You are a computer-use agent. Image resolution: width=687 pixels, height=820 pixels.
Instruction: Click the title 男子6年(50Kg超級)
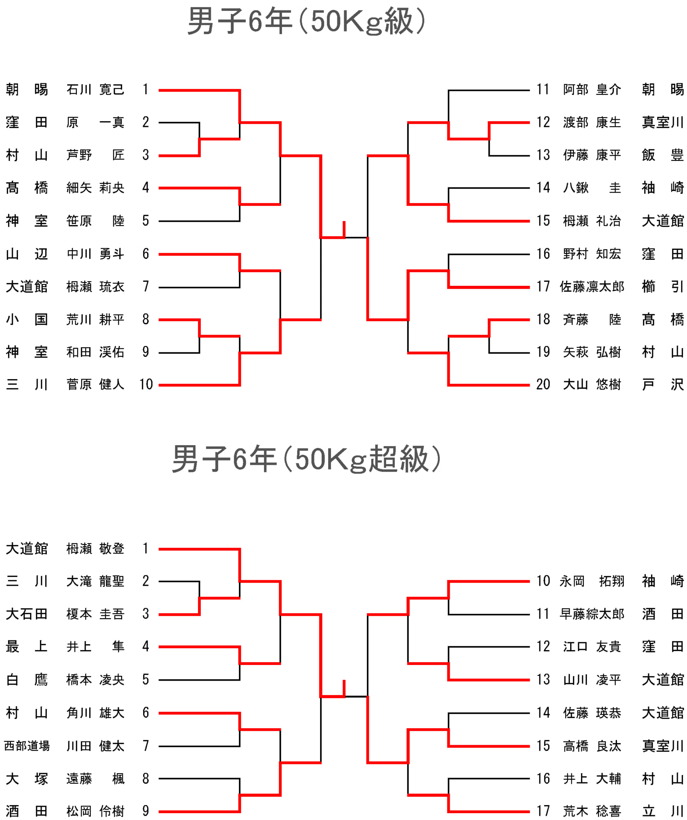coord(306,458)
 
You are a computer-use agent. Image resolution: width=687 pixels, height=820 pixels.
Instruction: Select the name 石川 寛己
coord(95,89)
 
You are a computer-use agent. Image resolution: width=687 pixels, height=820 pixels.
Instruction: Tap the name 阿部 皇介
coord(592,89)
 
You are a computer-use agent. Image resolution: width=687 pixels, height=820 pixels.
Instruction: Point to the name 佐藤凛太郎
coord(592,287)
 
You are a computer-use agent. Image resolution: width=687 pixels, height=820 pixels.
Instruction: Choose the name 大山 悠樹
coord(592,384)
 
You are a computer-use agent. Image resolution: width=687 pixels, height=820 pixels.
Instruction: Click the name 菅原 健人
coord(95,384)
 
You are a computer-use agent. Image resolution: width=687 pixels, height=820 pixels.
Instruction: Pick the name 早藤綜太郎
coord(592,614)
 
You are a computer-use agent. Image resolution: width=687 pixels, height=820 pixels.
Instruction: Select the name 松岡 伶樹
coord(95,811)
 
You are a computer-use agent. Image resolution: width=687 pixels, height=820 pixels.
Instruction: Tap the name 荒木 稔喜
coord(592,811)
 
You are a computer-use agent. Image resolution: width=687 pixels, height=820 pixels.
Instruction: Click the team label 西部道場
coord(27,746)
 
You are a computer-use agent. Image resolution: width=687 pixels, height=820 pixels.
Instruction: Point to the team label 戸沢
coord(663,384)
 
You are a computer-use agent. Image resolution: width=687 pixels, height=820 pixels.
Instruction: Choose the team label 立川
coord(663,811)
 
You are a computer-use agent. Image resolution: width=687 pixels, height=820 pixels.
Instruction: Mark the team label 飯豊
coord(663,155)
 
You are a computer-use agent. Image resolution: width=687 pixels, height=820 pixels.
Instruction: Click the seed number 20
coord(543,384)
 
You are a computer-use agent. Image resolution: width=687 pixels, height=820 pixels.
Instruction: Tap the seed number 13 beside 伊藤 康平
coord(543,155)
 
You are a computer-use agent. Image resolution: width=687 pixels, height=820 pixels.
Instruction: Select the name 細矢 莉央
coord(95,188)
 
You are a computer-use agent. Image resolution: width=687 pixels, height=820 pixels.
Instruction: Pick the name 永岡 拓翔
coord(592,581)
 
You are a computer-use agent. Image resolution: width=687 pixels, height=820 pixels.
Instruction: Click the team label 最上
coord(27,647)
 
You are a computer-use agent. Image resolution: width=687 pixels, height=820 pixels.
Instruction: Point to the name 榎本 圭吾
coord(95,614)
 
